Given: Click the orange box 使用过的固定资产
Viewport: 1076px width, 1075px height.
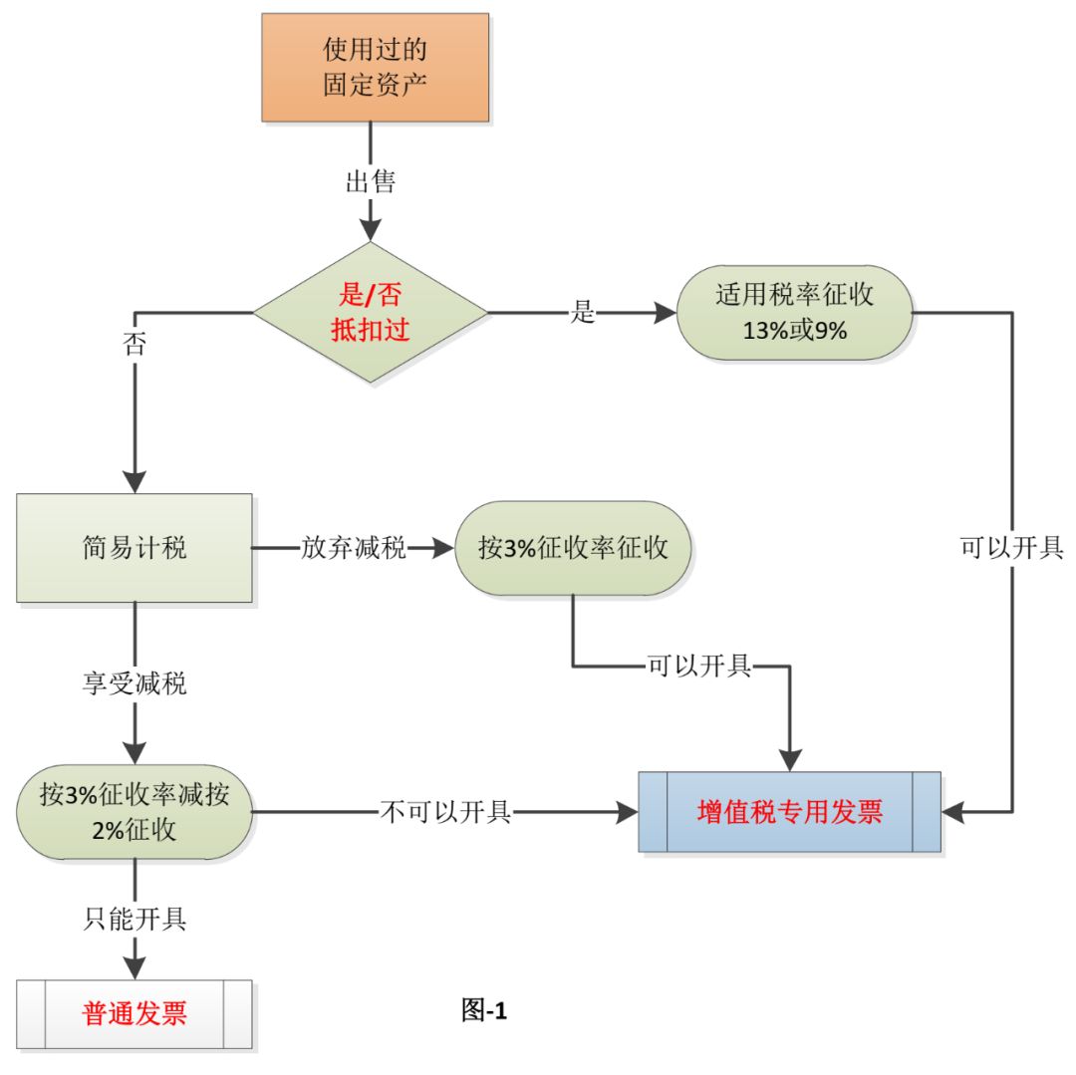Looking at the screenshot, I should pyautogui.click(x=376, y=67).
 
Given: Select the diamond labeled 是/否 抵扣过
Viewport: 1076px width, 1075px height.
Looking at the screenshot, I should pyautogui.click(x=371, y=312).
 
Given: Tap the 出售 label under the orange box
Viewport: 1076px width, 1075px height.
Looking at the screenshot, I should pyautogui.click(x=371, y=181).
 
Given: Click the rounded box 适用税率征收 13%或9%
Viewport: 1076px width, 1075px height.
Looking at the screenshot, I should pyautogui.click(x=794, y=312).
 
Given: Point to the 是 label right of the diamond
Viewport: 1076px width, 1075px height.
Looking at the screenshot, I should pyautogui.click(x=583, y=312).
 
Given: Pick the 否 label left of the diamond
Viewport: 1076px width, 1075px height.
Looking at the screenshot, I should pyautogui.click(x=134, y=345).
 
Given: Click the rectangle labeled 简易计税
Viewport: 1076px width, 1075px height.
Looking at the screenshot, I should pyautogui.click(x=134, y=548).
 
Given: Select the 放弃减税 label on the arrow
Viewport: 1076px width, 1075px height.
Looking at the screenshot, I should pyautogui.click(x=354, y=549).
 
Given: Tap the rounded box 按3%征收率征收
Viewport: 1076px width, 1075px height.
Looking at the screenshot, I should pyautogui.click(x=573, y=549).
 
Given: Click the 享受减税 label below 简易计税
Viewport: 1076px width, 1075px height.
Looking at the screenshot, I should pyautogui.click(x=134, y=684).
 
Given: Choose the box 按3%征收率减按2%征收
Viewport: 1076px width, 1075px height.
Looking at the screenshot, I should pyautogui.click(x=134, y=812).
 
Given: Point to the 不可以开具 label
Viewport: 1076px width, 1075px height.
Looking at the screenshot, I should pyautogui.click(x=445, y=812).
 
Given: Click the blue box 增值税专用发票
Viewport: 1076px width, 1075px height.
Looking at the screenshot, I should pyautogui.click(x=789, y=812).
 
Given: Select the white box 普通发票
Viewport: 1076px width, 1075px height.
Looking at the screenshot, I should pyautogui.click(x=134, y=1014).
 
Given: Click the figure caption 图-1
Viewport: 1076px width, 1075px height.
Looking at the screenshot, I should pyautogui.click(x=485, y=1011).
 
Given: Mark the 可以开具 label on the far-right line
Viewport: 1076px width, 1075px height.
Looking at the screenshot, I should pyautogui.click(x=1011, y=549).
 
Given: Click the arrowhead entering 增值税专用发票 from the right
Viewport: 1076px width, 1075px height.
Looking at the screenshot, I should pyautogui.click(x=953, y=812).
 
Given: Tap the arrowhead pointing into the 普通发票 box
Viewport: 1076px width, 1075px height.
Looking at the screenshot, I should pyautogui.click(x=134, y=966).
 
